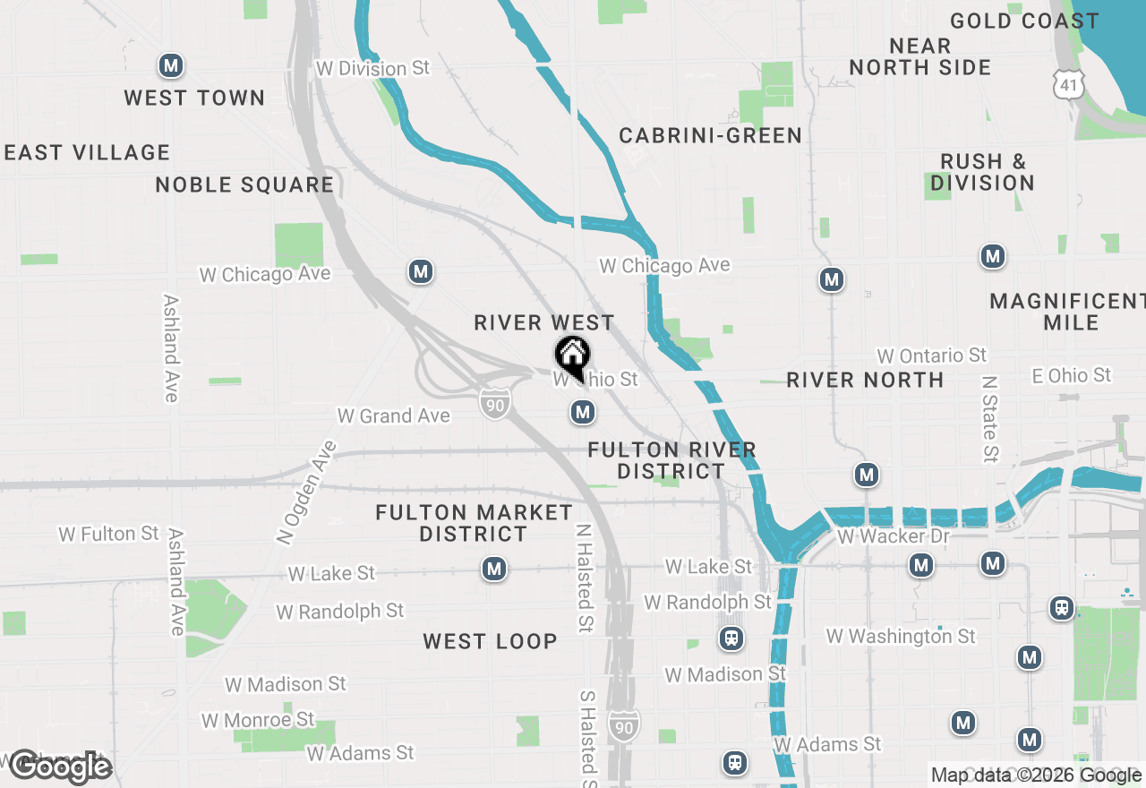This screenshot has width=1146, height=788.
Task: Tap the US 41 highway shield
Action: tap(1070, 82)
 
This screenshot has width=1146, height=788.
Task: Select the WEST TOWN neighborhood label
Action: tap(194, 98)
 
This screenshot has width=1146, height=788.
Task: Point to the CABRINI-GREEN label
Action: tap(711, 135)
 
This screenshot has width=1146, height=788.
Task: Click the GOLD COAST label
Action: tap(1024, 21)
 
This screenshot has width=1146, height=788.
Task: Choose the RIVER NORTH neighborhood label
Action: tap(865, 380)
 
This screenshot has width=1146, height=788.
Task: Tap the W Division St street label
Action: tap(373, 68)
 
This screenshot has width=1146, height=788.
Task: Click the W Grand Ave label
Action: tap(393, 415)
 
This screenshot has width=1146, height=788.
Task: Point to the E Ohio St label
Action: tap(1071, 375)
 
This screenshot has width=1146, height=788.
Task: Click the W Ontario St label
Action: tap(931, 355)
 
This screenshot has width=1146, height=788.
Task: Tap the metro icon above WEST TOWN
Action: tap(171, 65)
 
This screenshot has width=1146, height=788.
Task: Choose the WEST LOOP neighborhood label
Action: tap(490, 641)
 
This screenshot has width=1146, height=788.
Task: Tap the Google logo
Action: tap(59, 767)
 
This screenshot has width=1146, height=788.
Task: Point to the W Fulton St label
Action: tap(109, 534)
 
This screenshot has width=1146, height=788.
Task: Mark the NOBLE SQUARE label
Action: tap(244, 184)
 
